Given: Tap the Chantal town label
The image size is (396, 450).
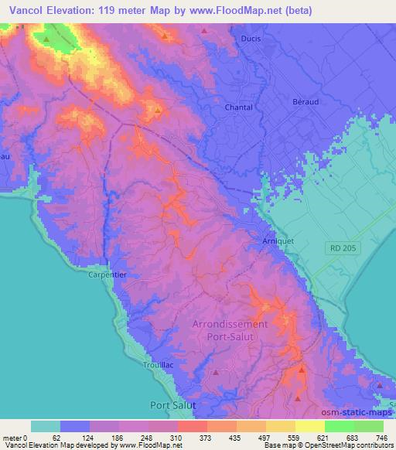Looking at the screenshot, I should [238, 107].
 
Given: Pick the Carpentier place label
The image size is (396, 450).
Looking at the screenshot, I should [106, 274].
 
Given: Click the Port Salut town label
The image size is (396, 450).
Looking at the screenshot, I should [173, 404].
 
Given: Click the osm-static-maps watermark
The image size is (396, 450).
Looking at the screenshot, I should [360, 409].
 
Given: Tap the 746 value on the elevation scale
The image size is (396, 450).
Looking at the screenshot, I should [381, 438].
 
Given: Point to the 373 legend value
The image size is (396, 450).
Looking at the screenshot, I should [204, 438].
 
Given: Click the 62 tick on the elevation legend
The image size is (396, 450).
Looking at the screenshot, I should [56, 438].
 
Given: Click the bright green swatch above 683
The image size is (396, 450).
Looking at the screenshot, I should [340, 426].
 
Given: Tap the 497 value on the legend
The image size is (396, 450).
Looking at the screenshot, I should [263, 438].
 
